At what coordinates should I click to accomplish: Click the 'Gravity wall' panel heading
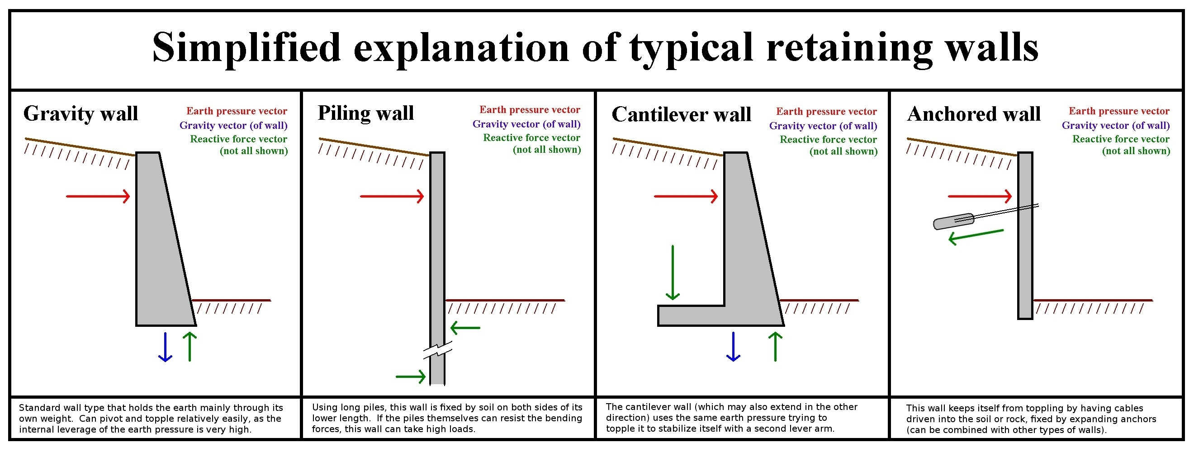pos(81,114)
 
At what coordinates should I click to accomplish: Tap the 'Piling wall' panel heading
pos(366,113)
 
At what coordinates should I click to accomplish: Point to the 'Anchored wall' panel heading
pos(973,114)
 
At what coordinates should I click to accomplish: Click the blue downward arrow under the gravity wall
pos(165,347)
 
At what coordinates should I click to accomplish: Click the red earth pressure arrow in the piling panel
pos(392,196)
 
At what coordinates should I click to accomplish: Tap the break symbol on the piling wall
pos(437,350)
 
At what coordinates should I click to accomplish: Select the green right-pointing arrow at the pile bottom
pos(411,377)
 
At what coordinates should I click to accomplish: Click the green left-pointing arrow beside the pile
pos(465,328)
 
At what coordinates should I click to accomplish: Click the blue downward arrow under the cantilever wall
pos(733,347)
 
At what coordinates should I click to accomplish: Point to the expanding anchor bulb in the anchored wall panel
pos(953,221)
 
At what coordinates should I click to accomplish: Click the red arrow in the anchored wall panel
pos(979,196)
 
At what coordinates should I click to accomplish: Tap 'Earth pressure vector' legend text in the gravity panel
pos(237,111)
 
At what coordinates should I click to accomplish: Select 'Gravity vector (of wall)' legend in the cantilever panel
pos(823,126)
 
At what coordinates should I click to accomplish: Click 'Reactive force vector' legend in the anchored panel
pos(1120,139)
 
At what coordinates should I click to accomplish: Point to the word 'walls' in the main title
pos(991,47)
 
